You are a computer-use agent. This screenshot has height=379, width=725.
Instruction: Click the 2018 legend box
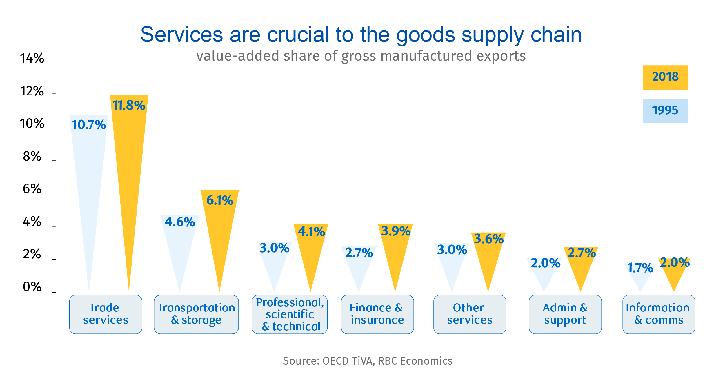665,77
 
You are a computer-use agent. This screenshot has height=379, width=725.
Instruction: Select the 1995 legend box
665,111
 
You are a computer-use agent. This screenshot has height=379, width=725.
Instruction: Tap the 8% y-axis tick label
32,157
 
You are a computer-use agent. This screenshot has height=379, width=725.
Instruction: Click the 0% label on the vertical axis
32,287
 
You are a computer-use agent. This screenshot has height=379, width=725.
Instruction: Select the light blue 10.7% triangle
89,174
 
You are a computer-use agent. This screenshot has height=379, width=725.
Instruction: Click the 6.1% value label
220,200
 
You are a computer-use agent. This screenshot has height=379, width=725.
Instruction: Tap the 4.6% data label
180,222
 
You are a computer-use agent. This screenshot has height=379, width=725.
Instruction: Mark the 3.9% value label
396,231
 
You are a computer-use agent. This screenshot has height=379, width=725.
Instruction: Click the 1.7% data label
640,268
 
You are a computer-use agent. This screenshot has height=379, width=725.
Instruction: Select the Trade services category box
106,314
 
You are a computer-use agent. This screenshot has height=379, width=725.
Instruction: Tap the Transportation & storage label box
196,314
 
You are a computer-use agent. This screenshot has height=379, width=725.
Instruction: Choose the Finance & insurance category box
377,314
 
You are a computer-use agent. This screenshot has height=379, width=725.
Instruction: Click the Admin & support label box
565,314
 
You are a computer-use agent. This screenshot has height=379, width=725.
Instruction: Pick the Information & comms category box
659,314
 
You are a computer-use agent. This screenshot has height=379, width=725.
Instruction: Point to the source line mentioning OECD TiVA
368,361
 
